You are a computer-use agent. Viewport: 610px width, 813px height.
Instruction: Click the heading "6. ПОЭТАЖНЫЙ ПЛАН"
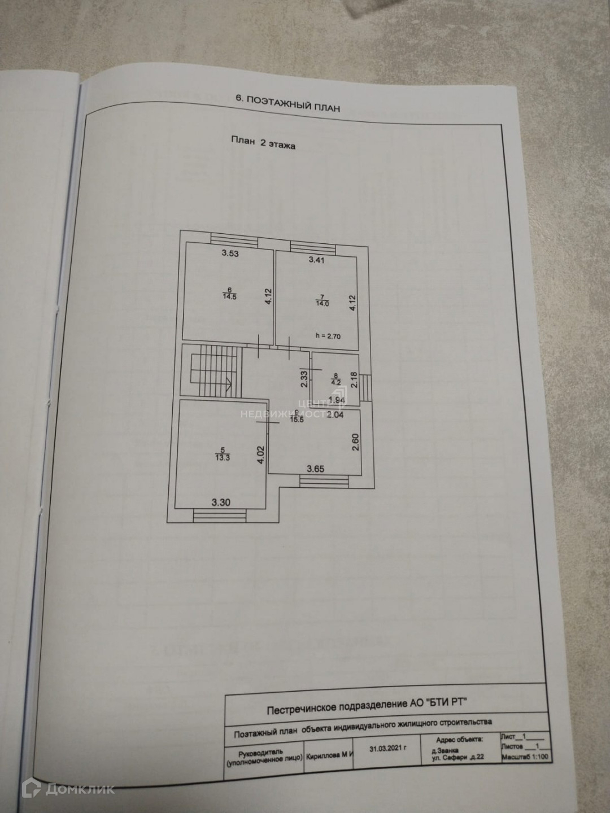(287, 103)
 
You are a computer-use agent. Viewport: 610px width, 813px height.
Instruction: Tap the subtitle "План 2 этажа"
(263, 143)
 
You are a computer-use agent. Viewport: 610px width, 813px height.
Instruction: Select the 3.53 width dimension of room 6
(230, 253)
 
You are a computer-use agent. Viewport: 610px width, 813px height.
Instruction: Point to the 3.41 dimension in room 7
(316, 260)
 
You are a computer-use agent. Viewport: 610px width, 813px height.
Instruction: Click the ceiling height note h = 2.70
(329, 335)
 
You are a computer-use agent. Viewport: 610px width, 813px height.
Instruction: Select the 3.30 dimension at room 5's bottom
(220, 502)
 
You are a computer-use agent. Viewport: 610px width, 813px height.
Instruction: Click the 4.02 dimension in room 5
(261, 455)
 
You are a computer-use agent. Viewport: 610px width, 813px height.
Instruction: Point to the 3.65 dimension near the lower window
(316, 468)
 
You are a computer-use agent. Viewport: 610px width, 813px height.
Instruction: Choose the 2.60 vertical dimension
(356, 442)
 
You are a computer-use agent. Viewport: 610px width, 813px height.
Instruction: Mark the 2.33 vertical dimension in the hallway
(304, 378)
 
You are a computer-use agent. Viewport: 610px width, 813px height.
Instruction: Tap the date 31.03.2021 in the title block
(387, 749)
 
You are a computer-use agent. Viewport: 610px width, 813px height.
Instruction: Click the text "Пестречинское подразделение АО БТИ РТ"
(367, 703)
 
